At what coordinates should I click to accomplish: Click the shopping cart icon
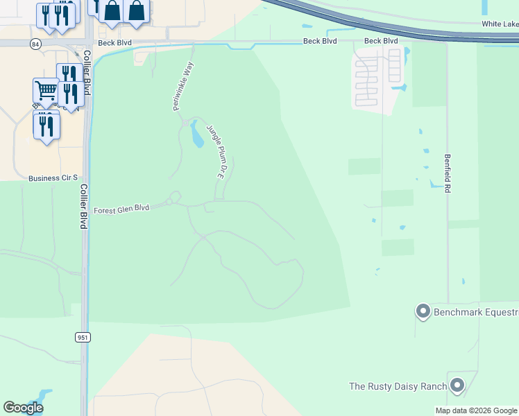point(46,89)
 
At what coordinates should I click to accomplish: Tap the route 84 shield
point(35,44)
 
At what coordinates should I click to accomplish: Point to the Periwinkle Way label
point(181,87)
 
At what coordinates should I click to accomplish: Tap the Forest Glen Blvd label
point(121,208)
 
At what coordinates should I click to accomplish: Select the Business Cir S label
point(53,178)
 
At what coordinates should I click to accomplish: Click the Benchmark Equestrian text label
point(476,313)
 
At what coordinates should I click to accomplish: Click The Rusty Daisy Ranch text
point(396,386)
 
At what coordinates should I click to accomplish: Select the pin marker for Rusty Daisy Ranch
point(457,385)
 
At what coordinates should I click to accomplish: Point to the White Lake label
point(500,24)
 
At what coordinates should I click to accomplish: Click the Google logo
point(23,408)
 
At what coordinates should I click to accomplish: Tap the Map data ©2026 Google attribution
point(477,410)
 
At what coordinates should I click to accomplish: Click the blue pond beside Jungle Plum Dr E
point(196,135)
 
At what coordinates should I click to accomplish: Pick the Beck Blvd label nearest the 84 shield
point(115,42)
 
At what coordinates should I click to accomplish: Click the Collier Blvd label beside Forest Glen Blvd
point(83,206)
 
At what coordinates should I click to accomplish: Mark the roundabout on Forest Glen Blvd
point(175,198)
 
